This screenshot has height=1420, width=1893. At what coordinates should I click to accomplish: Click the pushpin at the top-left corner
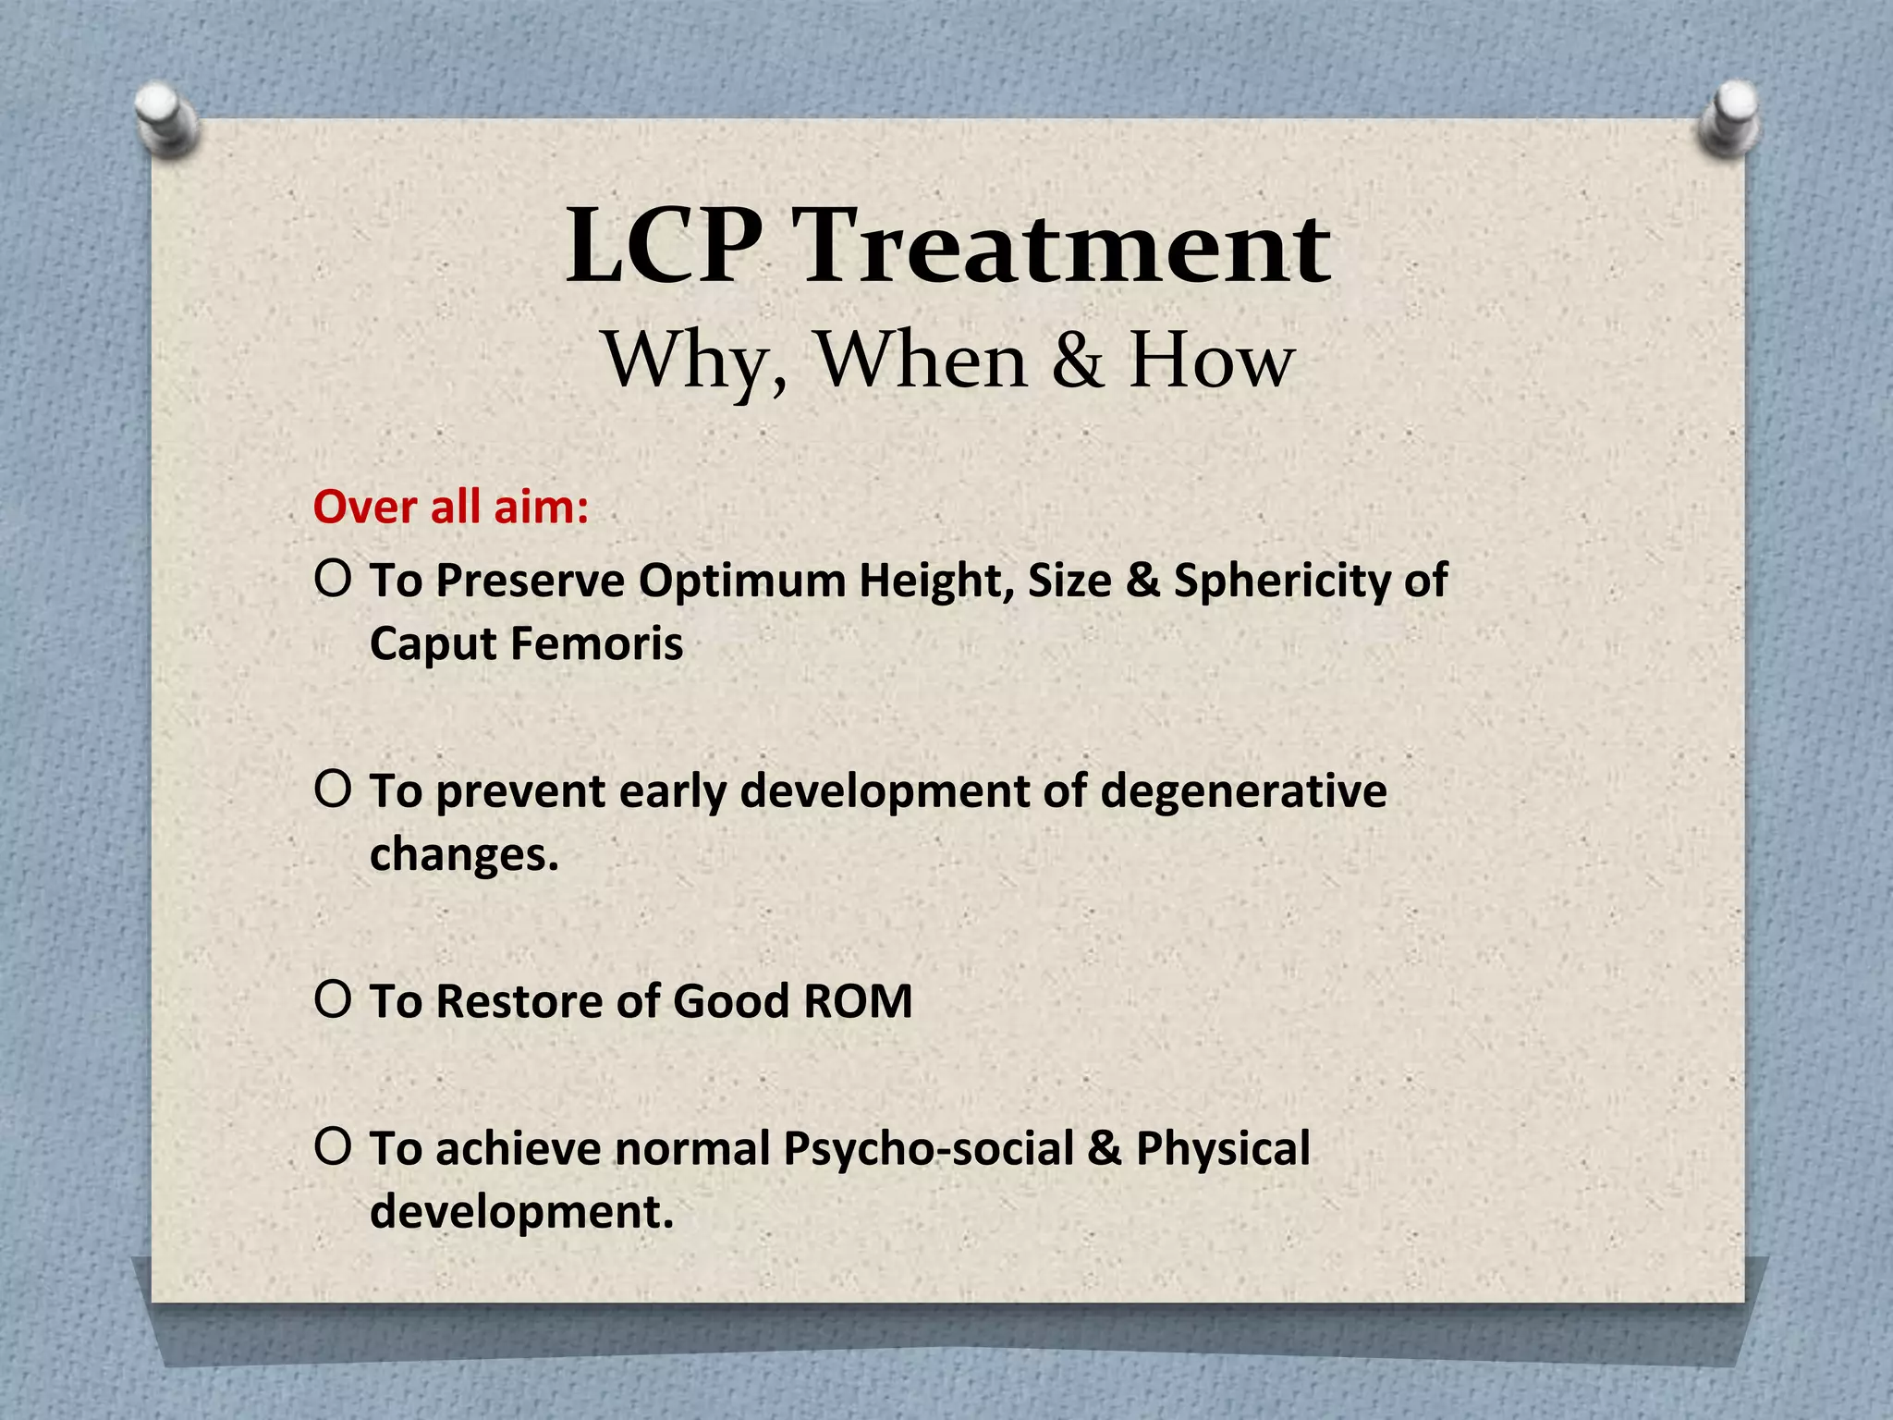click(166, 118)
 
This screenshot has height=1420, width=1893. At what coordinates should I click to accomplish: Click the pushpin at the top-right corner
click(1730, 116)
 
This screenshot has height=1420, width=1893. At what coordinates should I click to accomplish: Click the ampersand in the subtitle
click(1078, 360)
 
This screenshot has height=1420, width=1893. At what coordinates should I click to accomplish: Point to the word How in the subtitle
click(1212, 360)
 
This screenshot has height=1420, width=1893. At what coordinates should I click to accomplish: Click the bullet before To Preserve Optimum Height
click(333, 579)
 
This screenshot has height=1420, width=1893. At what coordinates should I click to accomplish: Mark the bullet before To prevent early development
click(333, 789)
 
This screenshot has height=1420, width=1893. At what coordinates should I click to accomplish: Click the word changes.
click(464, 854)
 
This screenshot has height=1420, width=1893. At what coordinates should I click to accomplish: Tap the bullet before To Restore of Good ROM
click(333, 999)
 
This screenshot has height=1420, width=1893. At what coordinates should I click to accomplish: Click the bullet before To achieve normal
click(333, 1146)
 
